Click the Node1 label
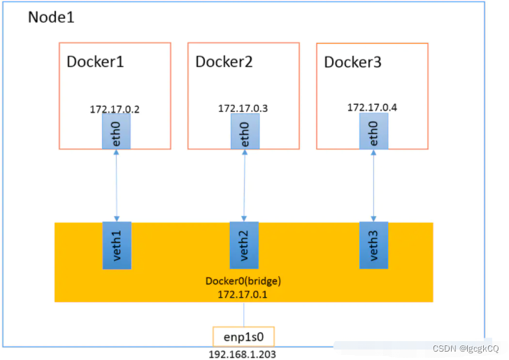51,17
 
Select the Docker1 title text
95,62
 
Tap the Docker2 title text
224,62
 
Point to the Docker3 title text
353,62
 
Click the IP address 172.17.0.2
115,110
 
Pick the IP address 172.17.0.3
243,108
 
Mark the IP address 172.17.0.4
372,107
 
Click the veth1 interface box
117,245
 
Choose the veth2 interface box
244,245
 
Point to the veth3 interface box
373,245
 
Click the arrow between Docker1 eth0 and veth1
117,185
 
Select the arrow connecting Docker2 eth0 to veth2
244,185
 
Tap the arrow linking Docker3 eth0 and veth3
373,185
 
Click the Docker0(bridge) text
243,281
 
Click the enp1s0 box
244,337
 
